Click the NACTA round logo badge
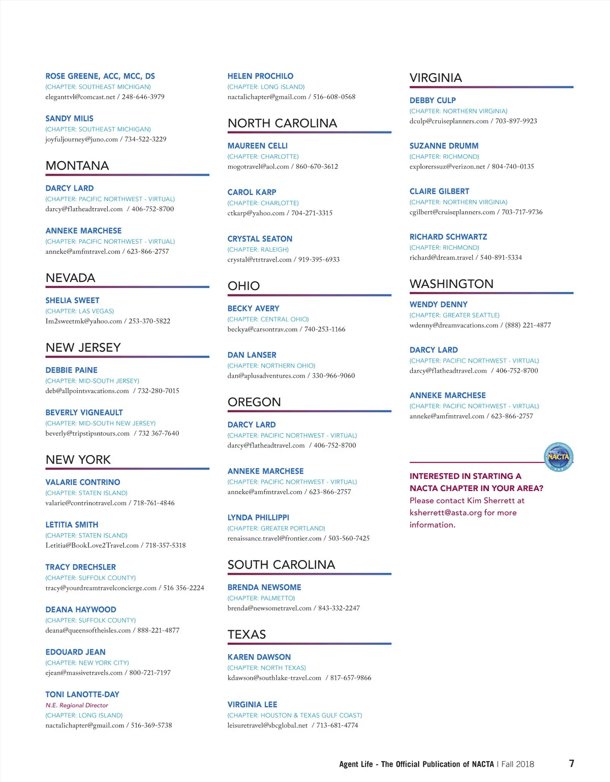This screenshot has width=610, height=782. pyautogui.click(x=559, y=456)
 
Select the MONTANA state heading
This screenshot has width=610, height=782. pyautogui.click(x=77, y=166)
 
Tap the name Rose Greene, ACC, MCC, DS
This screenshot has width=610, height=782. pyautogui.click(x=100, y=76)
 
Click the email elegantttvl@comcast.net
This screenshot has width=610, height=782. pyautogui.click(x=80, y=97)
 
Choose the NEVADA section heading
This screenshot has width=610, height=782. pyautogui.click(x=71, y=278)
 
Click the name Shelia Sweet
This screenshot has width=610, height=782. pyautogui.click(x=72, y=301)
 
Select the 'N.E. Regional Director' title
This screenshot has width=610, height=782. pyautogui.click(x=77, y=705)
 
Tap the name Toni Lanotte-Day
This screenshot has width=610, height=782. pyautogui.click(x=82, y=695)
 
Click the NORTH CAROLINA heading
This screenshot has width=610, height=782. pyautogui.click(x=282, y=123)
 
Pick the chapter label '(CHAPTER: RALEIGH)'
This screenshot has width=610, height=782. pyautogui.click(x=258, y=250)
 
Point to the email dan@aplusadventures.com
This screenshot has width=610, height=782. pyautogui.click(x=266, y=376)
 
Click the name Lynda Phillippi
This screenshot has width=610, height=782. pyautogui.click(x=258, y=517)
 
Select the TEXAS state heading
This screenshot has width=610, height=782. pyautogui.click(x=247, y=635)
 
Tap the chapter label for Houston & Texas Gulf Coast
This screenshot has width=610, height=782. pyautogui.click(x=295, y=715)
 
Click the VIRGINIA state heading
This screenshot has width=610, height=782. pyautogui.click(x=436, y=78)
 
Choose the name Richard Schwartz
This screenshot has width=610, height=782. pyautogui.click(x=448, y=237)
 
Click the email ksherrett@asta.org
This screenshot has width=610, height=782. pyautogui.click(x=445, y=513)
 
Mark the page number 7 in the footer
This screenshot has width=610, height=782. pyautogui.click(x=572, y=764)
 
